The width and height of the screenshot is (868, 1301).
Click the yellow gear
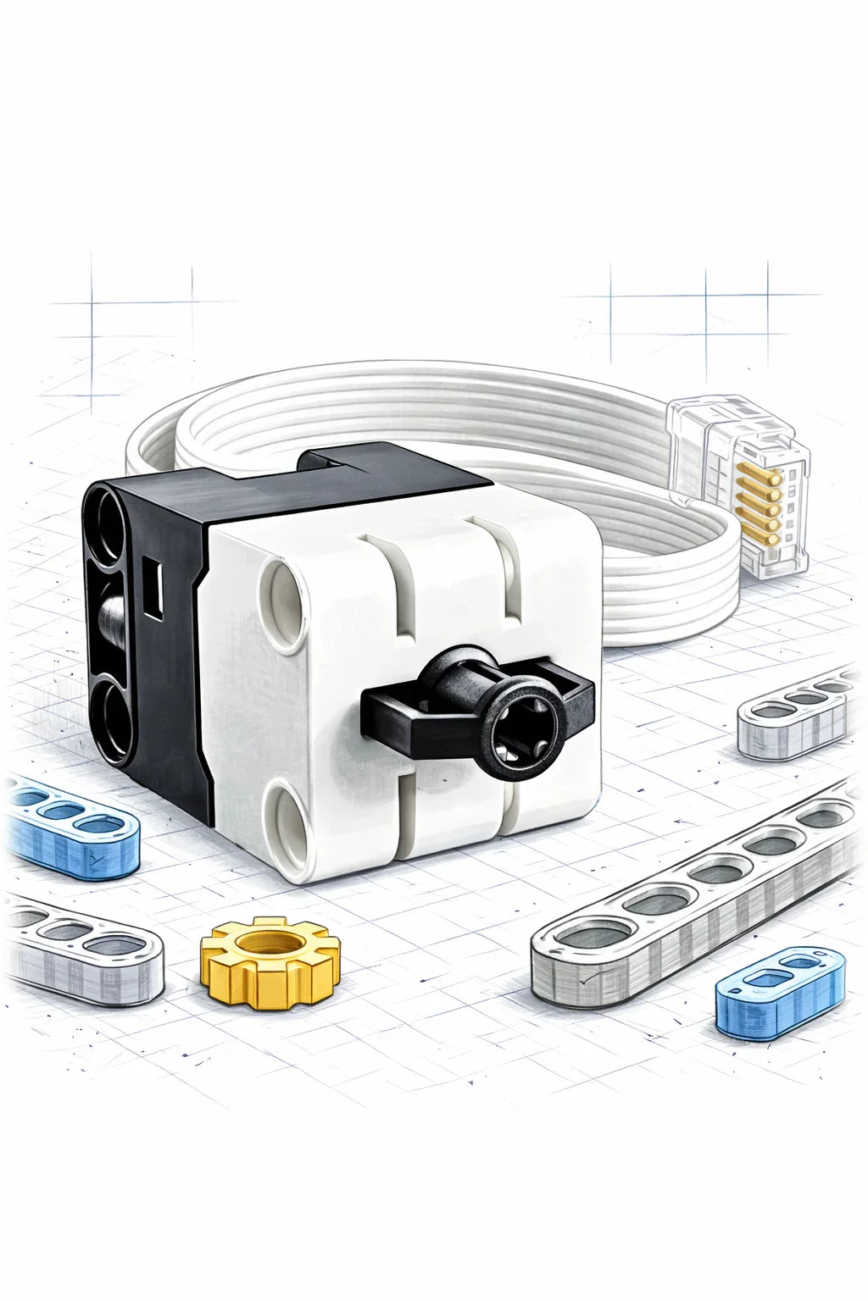pos(269,966)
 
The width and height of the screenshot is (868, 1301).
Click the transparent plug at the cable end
pos(737,491)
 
